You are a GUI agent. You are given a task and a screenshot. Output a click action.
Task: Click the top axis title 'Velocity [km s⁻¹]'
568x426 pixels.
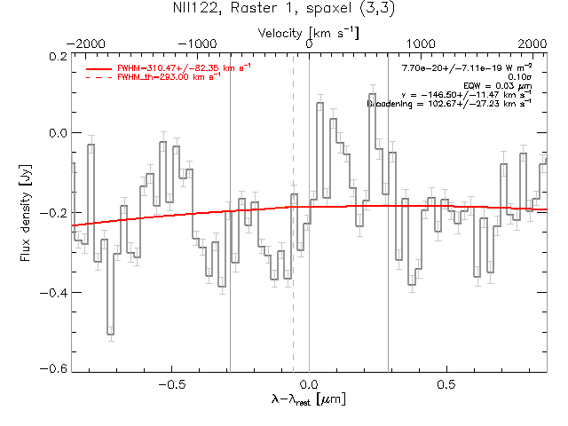[309, 32]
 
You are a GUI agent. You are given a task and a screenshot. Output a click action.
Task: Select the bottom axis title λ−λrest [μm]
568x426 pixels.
[309, 401]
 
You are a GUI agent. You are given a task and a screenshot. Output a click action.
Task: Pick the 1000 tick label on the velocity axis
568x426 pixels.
[421, 43]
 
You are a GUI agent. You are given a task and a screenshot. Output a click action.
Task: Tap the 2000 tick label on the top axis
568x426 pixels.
[532, 43]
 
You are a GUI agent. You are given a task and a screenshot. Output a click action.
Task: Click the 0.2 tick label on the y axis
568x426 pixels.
[57, 56]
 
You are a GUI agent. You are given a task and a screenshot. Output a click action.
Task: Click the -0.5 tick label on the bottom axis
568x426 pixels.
[170, 385]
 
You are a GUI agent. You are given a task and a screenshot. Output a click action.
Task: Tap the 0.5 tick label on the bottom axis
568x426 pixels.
[446, 385]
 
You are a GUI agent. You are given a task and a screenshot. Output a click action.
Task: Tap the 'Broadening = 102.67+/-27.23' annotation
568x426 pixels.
[449, 104]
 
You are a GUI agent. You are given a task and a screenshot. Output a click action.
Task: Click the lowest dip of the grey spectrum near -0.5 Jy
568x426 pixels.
[110, 334]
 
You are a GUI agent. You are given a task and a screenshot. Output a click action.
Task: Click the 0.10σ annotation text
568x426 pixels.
[518, 77]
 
